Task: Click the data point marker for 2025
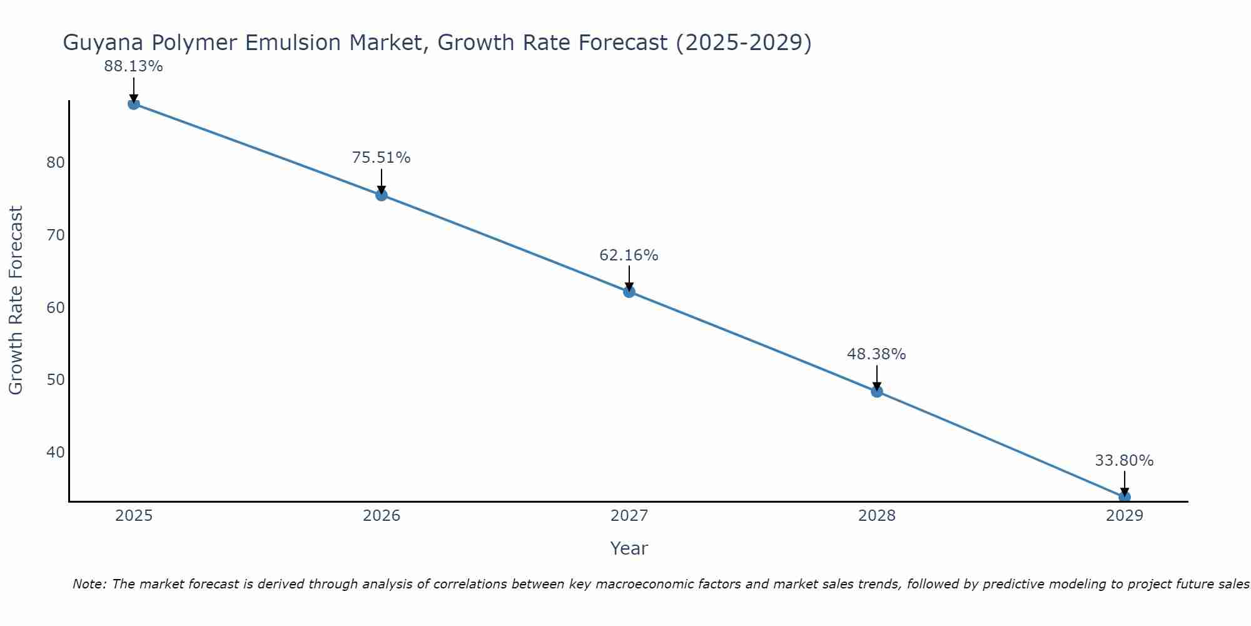coord(133,104)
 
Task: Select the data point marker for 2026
coord(381,195)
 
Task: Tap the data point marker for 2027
coord(629,292)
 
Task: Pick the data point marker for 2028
coord(876,391)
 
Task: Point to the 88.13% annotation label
coord(133,66)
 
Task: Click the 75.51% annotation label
coord(381,158)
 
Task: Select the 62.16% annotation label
coord(629,255)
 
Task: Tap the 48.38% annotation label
coord(876,354)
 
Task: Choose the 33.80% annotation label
coord(1124,461)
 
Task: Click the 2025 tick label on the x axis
coord(134,516)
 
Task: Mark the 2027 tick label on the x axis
coord(629,516)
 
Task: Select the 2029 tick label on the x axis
coord(1124,516)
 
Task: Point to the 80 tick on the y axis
coord(56,163)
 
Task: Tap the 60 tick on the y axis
coord(56,307)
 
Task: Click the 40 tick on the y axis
coord(56,452)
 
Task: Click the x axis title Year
coord(629,548)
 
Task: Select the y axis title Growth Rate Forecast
coord(16,300)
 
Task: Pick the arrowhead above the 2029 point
coord(1124,491)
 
